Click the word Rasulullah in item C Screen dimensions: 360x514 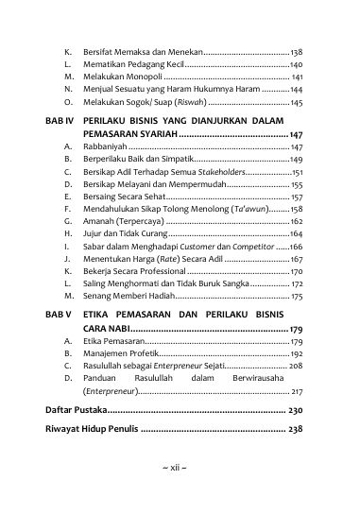(106, 364)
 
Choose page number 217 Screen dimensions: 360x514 (296, 389)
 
